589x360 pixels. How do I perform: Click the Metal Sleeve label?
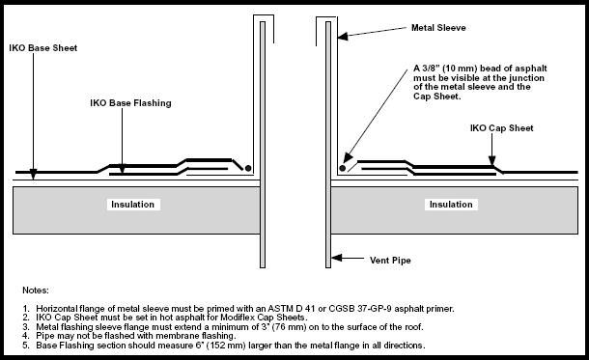pos(438,28)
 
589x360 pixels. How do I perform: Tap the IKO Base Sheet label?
pos(43,48)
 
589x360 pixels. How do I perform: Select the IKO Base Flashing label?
pos(130,103)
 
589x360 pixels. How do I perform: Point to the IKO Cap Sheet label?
pos(501,128)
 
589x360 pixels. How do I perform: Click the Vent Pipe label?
pos(390,261)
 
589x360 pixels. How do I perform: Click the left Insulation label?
pos(132,205)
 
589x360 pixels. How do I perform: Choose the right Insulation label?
pos(451,205)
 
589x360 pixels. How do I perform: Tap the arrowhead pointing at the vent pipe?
pos(336,258)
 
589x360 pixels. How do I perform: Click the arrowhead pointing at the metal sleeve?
pos(343,36)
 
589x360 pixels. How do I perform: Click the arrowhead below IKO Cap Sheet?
pos(492,160)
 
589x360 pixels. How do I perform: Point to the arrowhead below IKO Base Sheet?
pos(34,174)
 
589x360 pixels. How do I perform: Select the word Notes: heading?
pos(36,291)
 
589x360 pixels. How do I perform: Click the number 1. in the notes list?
pos(25,309)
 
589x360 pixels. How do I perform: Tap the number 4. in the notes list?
pos(25,336)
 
